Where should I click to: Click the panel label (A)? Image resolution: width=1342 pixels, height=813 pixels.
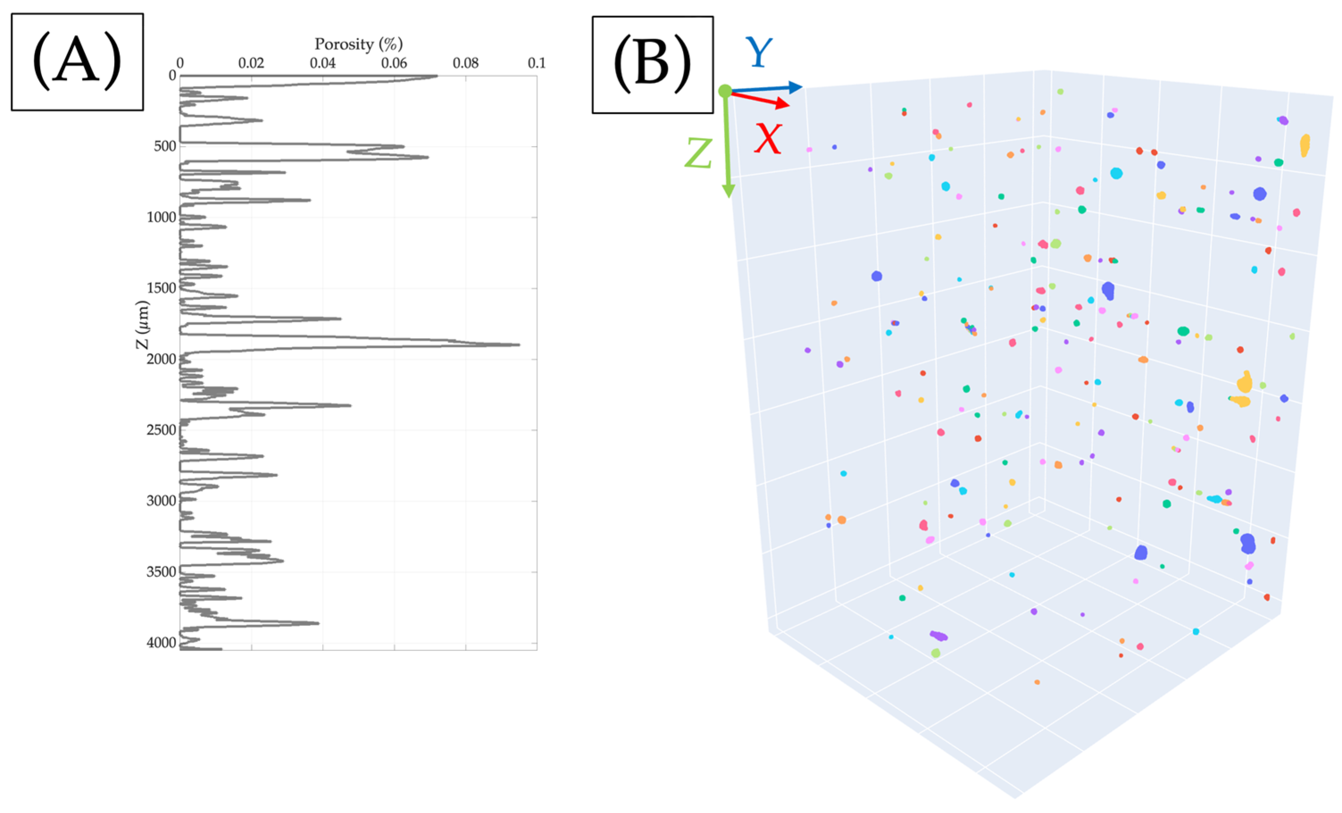click(x=77, y=62)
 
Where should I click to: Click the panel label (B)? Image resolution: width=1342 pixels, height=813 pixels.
click(x=652, y=64)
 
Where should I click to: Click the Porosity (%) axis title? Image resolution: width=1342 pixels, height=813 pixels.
click(x=358, y=44)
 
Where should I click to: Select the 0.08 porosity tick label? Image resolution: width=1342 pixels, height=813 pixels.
click(x=465, y=63)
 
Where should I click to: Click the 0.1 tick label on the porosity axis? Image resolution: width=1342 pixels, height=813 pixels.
click(x=536, y=63)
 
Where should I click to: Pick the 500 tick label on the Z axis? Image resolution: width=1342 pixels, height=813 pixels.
click(x=165, y=146)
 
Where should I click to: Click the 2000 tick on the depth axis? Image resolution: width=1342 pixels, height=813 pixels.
click(x=161, y=359)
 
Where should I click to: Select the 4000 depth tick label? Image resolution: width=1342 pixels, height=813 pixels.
click(x=161, y=643)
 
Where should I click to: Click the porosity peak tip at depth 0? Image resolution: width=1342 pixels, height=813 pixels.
click(x=437, y=76)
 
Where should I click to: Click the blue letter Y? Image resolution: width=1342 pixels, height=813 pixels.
click(x=758, y=52)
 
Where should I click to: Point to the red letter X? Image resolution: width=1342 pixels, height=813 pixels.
click(x=768, y=139)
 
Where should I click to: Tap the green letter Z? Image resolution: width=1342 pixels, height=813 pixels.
click(x=698, y=153)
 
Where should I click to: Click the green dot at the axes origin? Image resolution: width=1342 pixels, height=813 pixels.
click(x=725, y=91)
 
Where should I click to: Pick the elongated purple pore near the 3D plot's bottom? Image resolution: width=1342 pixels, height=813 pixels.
click(x=939, y=635)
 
